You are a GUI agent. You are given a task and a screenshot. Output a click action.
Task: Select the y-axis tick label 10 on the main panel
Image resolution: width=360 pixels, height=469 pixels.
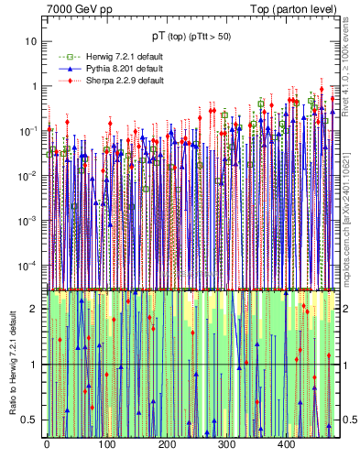(32, 41)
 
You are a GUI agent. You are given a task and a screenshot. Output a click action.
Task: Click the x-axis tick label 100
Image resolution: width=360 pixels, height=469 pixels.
(106, 446)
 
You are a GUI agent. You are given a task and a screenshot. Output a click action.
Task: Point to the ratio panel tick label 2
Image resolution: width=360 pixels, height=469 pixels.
(35, 309)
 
